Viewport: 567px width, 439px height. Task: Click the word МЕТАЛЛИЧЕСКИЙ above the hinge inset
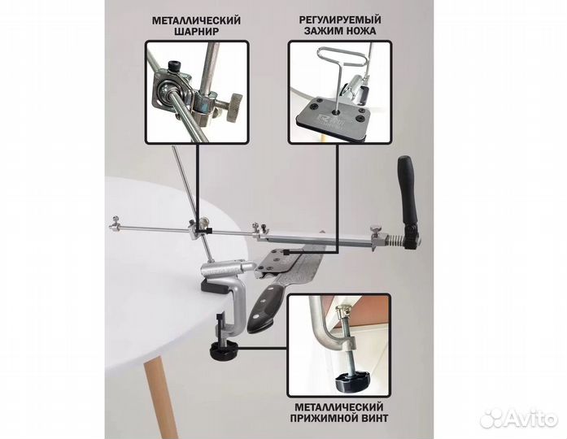tap(196, 20)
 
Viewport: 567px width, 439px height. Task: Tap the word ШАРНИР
tap(197, 32)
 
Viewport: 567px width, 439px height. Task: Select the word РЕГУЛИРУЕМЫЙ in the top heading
tap(340, 20)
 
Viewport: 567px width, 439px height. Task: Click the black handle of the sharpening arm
tap(408, 193)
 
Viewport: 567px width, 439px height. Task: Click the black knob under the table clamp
tap(222, 350)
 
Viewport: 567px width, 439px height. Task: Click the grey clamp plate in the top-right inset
tap(334, 116)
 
